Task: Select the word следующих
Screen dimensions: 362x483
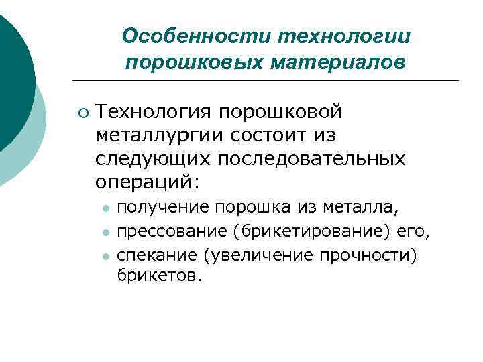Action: (154, 159)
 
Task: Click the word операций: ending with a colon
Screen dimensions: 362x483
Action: (148, 182)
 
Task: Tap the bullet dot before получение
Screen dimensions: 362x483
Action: (105, 209)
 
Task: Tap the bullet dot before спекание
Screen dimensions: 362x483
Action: (105, 255)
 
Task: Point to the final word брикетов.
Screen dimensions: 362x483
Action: (158, 275)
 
